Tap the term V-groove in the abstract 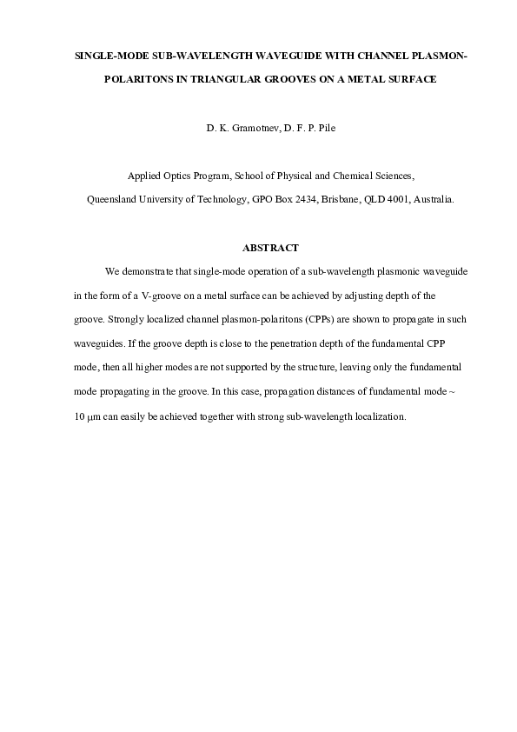156,296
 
